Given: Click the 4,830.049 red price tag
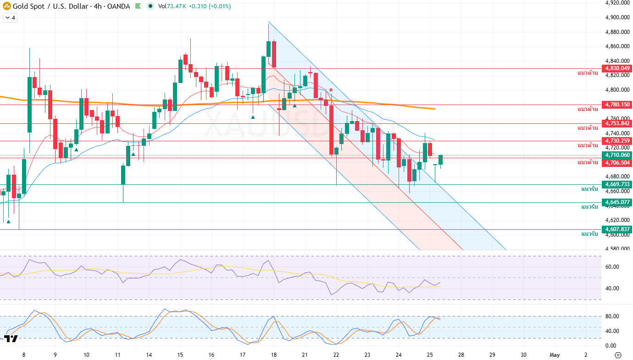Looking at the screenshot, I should (617, 68).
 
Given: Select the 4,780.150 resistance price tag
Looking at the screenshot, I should (617, 105).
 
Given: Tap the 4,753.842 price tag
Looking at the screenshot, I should (617, 123).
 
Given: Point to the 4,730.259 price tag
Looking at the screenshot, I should (617, 141).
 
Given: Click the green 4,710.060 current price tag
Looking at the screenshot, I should (617, 155).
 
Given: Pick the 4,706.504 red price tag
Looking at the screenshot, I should (617, 163).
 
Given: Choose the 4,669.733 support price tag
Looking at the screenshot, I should (617, 184).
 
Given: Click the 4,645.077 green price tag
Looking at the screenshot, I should (617, 202).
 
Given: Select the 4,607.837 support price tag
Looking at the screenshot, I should (617, 229).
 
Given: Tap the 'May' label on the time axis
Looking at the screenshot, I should (555, 355).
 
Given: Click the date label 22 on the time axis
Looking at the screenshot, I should (336, 355).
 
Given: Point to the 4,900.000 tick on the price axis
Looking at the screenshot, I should (616, 17).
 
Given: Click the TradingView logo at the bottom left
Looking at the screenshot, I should (11, 339).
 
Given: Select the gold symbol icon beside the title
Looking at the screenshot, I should (6, 6).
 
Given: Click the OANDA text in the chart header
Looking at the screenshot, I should (120, 6).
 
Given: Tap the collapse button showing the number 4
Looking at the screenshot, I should (10, 18).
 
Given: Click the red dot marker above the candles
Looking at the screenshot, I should (331, 90).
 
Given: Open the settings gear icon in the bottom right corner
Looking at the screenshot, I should (617, 355).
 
